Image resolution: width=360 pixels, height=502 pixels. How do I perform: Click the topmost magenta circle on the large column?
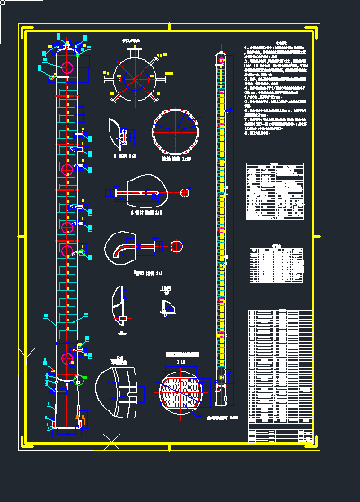(x=68, y=68)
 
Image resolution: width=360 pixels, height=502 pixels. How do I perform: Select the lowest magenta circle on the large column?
(x=66, y=359)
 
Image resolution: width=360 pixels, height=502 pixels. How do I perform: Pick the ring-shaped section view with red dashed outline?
(x=179, y=131)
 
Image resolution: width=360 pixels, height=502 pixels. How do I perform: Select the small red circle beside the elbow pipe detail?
(x=176, y=245)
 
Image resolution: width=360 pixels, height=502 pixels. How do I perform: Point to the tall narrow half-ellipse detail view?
(x=118, y=304)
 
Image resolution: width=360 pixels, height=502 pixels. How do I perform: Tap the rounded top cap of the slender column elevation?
(x=221, y=57)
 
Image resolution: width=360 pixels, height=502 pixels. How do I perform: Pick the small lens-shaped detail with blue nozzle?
(x=120, y=134)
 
